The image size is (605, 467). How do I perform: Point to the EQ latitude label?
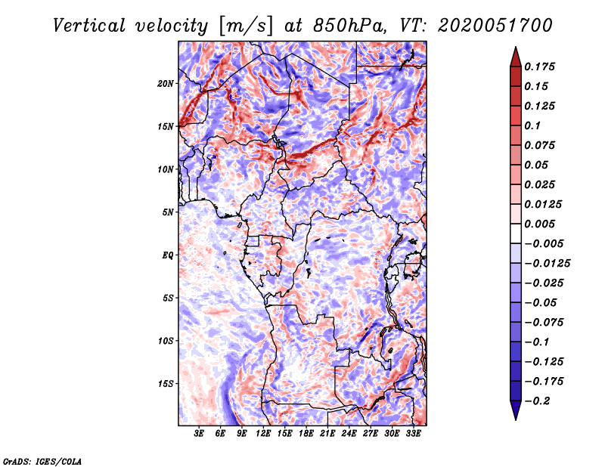point(168,255)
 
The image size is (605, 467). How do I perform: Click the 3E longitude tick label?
point(200,435)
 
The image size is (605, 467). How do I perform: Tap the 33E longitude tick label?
point(413,435)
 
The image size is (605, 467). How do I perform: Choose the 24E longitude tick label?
point(349,435)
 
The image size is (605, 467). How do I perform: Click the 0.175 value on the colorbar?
point(541,66)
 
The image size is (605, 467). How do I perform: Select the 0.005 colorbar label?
point(541,224)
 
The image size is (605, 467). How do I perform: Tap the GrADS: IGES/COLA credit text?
point(42,460)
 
